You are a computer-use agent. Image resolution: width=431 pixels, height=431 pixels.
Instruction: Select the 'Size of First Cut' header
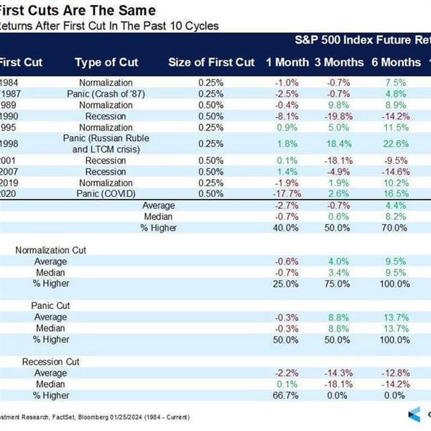tap(211, 62)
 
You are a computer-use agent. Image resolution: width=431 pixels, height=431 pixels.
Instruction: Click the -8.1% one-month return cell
tap(286, 116)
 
